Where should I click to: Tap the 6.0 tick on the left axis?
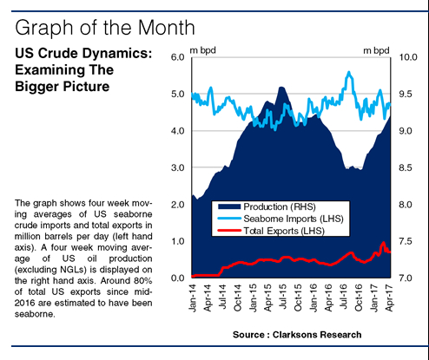(177, 57)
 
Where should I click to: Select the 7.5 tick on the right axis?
(406, 241)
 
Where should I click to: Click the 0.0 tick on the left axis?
(177, 278)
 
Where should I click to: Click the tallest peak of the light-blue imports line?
(349, 73)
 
